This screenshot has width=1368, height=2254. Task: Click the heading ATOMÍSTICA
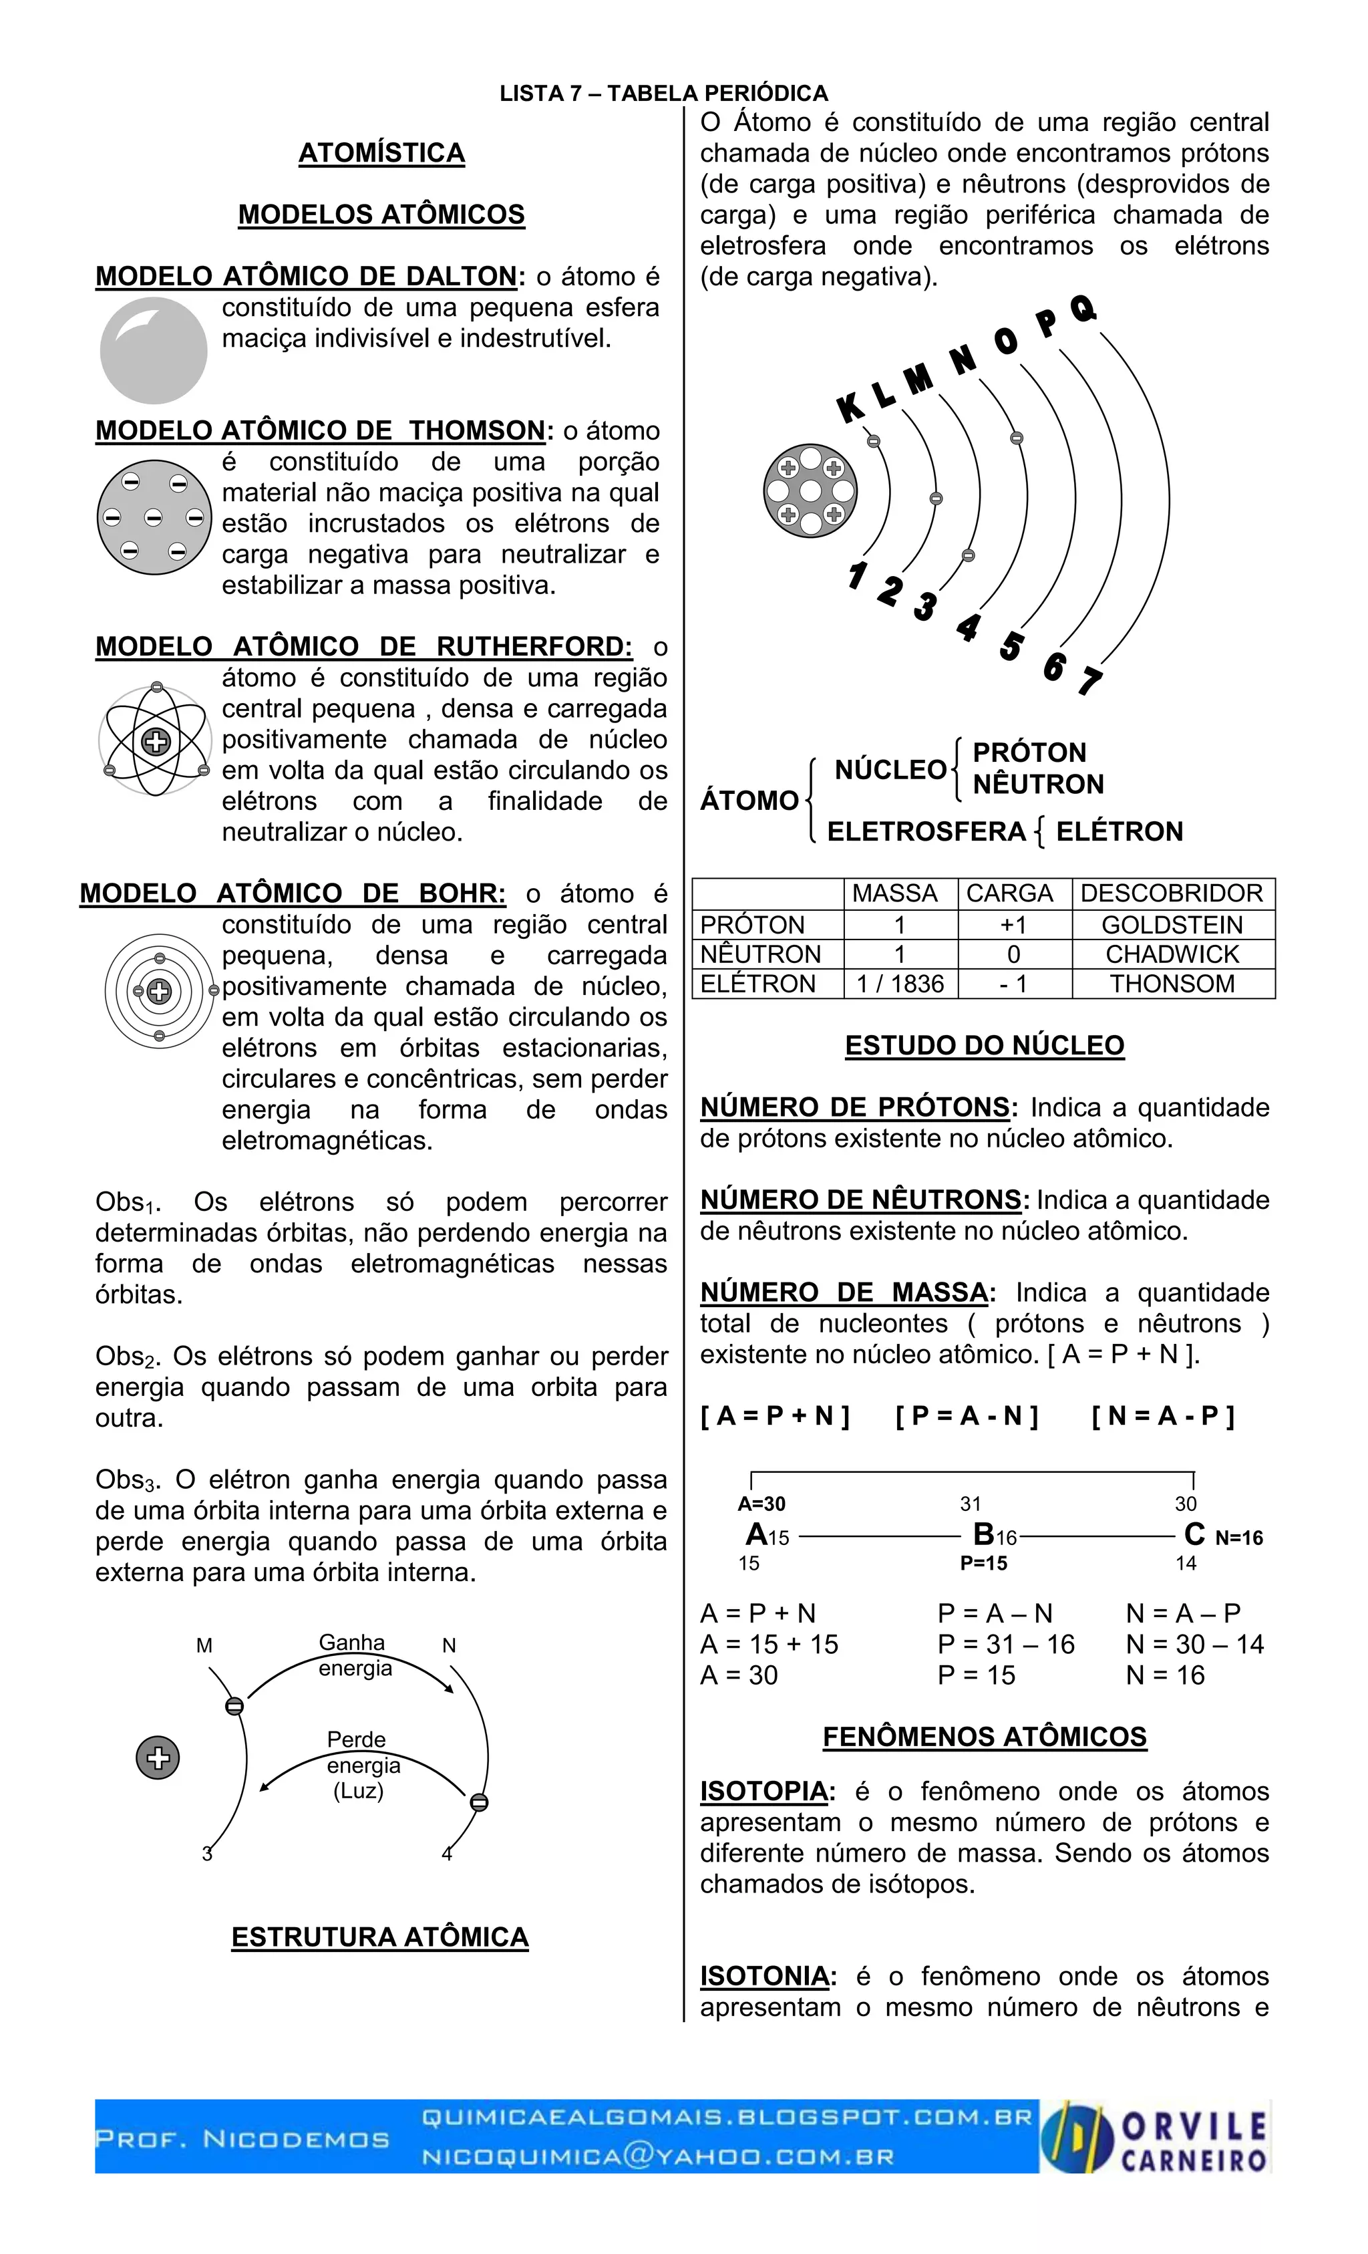point(381,153)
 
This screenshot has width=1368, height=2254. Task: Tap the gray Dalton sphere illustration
point(154,350)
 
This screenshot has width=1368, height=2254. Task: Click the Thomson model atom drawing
point(154,517)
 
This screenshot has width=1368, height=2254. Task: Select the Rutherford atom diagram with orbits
point(156,741)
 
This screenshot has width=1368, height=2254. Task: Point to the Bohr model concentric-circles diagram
point(159,991)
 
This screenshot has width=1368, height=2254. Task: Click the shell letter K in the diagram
point(850,408)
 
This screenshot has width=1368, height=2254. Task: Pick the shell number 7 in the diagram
point(1089,682)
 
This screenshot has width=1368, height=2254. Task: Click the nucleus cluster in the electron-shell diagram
point(810,491)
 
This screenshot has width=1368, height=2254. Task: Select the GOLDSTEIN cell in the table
point(1172,924)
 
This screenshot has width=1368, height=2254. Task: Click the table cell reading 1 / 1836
point(900,984)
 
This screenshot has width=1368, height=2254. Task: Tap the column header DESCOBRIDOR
point(1172,893)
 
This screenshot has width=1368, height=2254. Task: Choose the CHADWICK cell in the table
point(1172,954)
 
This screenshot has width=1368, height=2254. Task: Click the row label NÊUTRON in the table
point(761,954)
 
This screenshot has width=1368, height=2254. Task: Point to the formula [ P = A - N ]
point(967,1416)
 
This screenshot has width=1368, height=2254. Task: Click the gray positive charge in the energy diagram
point(158,1757)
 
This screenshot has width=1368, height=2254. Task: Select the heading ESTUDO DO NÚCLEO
point(984,1046)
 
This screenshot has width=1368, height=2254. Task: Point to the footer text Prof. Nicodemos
point(242,2139)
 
